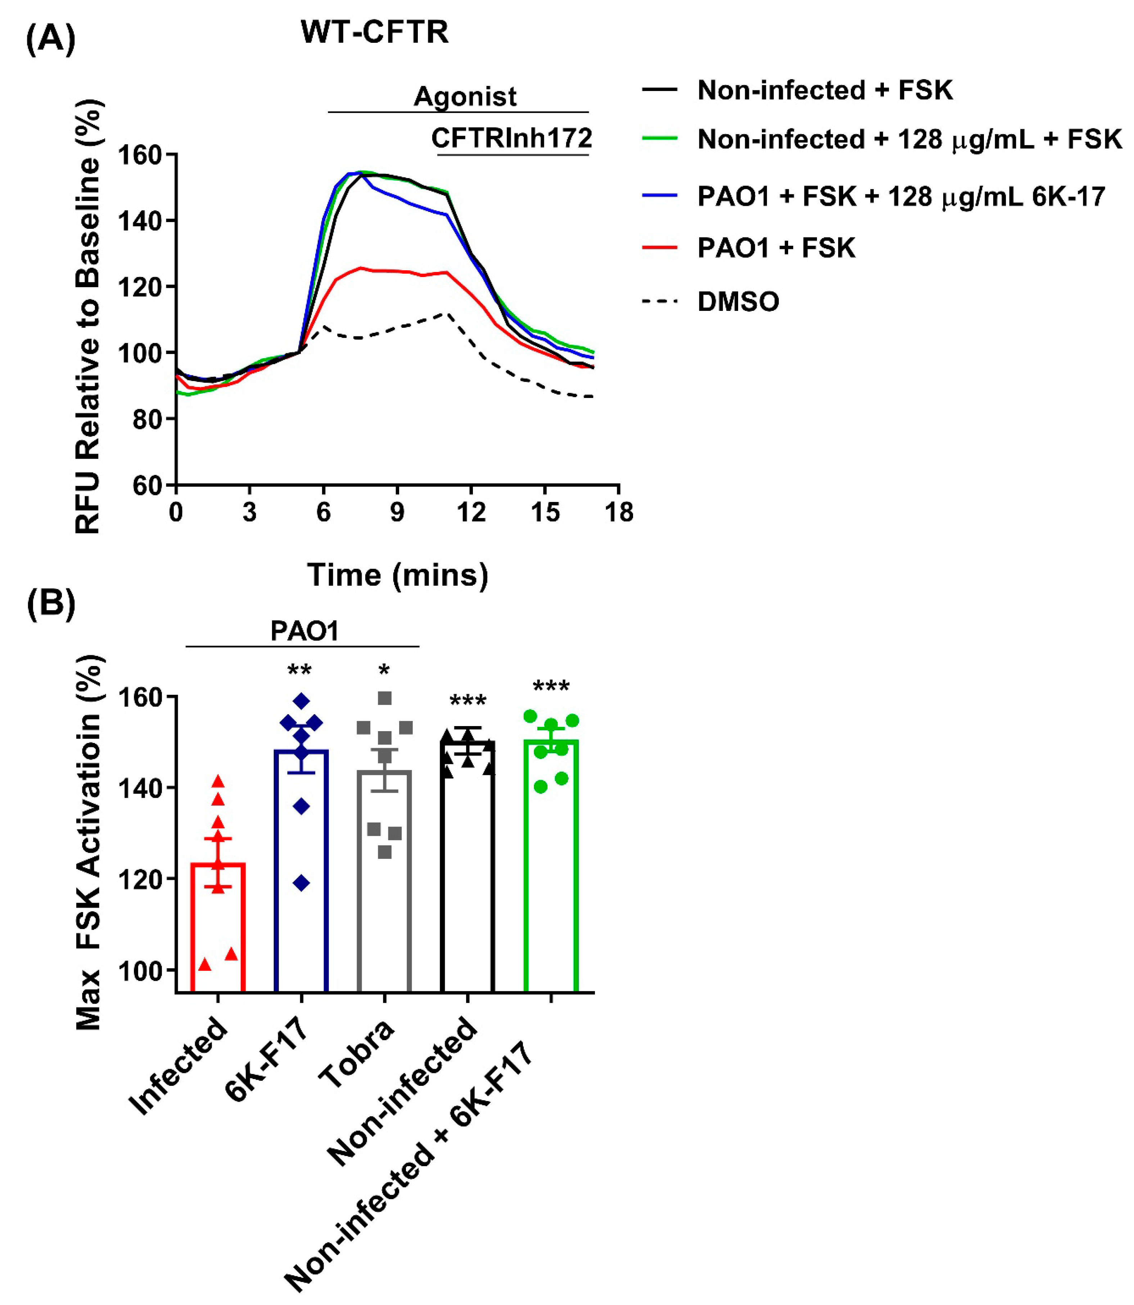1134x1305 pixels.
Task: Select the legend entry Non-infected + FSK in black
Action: pos(824,90)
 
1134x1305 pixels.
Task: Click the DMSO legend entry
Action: pos(738,302)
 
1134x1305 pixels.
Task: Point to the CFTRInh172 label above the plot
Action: pos(511,138)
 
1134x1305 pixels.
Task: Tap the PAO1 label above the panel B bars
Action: pos(304,631)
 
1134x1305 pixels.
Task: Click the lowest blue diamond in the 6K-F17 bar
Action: pos(301,883)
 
